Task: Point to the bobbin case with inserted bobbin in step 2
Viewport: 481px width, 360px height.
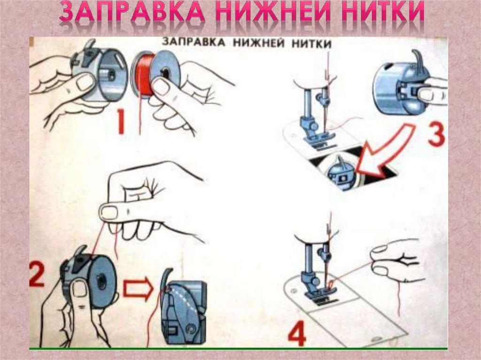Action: (x=89, y=279)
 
